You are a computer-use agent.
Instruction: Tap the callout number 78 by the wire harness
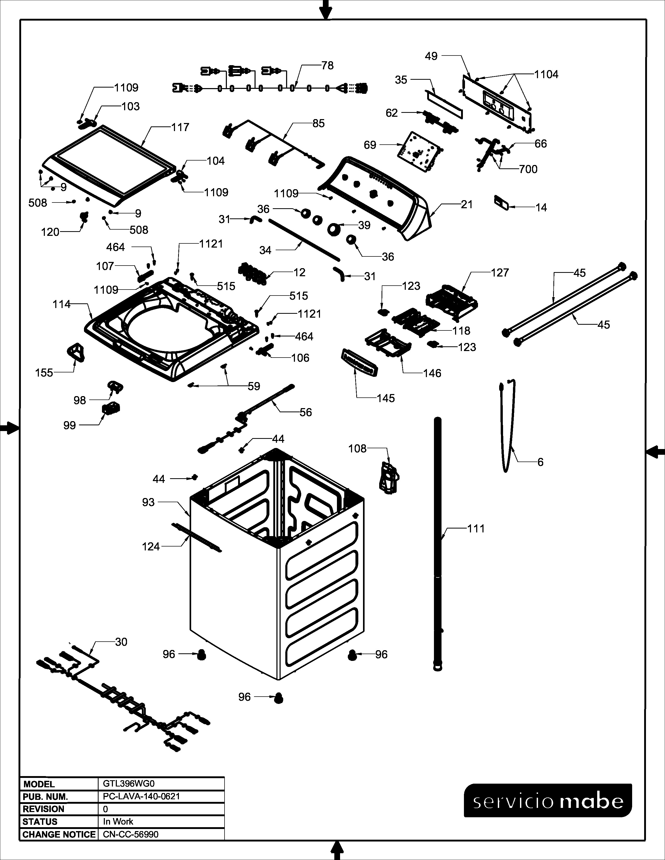pos(327,65)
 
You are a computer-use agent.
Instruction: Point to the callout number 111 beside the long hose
pos(476,529)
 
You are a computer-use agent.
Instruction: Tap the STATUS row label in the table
pos(40,821)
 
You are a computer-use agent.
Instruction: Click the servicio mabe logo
pos(548,801)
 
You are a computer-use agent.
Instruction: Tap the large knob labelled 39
pos(335,229)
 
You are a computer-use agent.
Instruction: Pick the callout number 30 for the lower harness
pos(121,642)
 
